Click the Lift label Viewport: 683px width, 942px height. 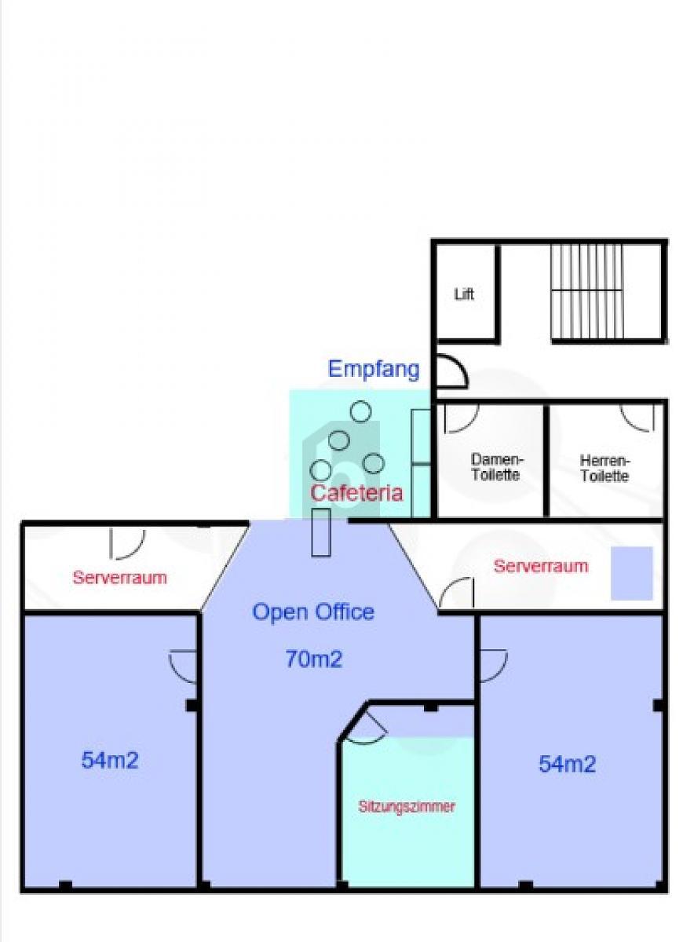click(464, 295)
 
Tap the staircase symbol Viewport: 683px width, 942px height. click(586, 291)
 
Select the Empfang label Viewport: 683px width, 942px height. click(374, 369)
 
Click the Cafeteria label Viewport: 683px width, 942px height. click(356, 493)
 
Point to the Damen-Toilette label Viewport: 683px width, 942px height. click(496, 468)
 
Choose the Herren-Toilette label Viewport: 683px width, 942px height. click(604, 468)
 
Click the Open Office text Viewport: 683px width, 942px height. click(313, 612)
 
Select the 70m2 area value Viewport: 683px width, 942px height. click(313, 659)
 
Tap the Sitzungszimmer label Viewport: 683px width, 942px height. click(407, 806)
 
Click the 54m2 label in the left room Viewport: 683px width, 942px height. click(110, 760)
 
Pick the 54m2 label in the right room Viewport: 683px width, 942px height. click(567, 764)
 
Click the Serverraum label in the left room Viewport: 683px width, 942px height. click(119, 578)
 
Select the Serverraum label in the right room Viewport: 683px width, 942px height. click(540, 566)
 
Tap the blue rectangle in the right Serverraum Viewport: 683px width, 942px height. click(632, 573)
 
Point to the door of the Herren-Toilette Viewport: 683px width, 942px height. click(637, 417)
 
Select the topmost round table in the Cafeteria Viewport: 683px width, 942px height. click(360, 411)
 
